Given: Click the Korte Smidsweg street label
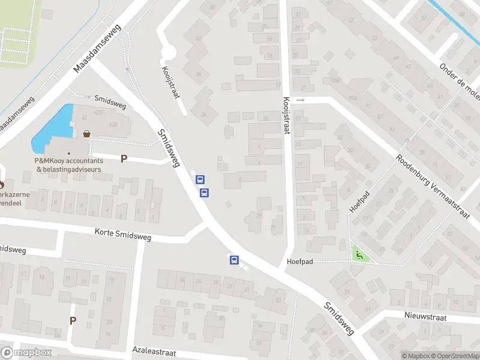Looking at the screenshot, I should (x=123, y=234).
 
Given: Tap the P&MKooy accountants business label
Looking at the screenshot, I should (x=68, y=165).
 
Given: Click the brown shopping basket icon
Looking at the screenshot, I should (x=88, y=134).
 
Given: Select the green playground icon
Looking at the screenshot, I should (x=359, y=255).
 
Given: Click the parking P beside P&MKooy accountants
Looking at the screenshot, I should (x=124, y=159).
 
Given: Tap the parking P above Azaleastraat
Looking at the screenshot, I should (x=73, y=320).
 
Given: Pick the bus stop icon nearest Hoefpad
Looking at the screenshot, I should (x=234, y=260).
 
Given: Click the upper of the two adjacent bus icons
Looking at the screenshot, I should (x=200, y=179).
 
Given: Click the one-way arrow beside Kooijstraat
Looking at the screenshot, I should (x=301, y=100).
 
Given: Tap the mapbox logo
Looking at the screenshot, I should (x=26, y=353).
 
